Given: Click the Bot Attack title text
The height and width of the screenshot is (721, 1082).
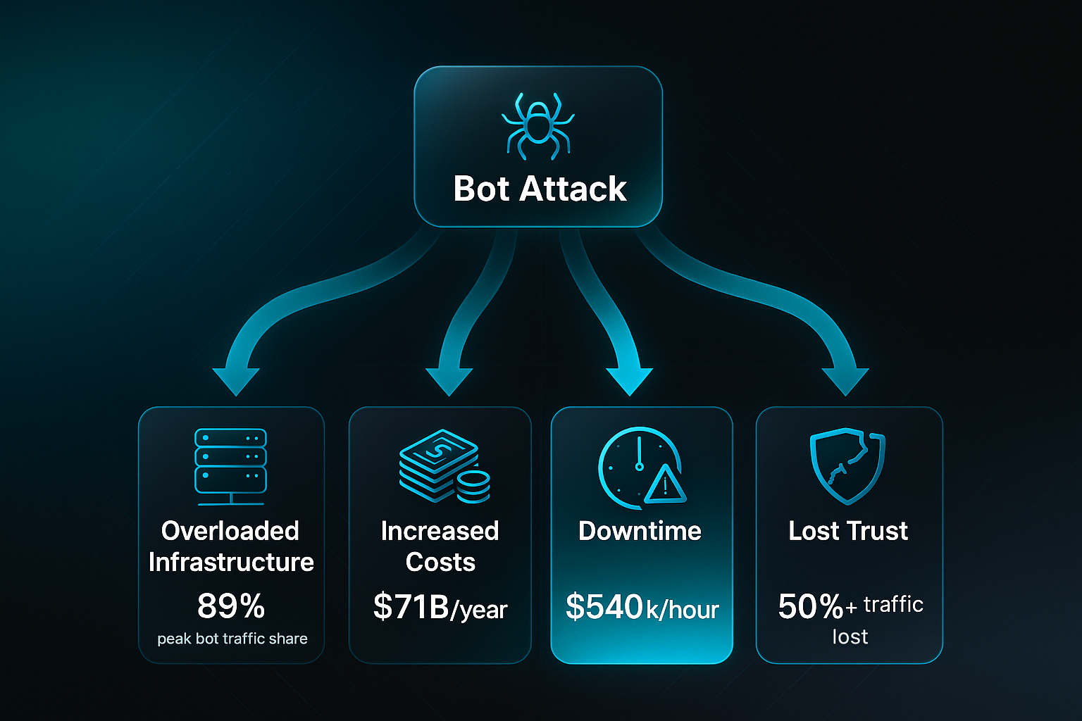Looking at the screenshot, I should tap(540, 189).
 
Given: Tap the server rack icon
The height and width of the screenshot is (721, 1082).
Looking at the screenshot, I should tap(230, 465).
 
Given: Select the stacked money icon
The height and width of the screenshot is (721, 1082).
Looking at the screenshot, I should tap(444, 465).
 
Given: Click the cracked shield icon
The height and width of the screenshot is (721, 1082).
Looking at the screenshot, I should tap(847, 466).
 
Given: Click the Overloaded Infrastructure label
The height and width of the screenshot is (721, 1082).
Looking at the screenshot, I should tap(231, 546).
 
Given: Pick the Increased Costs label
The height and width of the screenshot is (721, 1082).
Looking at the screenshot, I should tap(440, 546).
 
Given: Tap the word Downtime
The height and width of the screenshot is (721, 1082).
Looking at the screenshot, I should tap(640, 531).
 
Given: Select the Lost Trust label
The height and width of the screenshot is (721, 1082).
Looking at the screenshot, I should tap(848, 531).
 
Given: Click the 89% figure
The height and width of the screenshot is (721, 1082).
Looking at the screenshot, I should tap(231, 606).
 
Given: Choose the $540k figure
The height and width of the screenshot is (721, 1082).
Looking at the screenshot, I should tap(604, 606).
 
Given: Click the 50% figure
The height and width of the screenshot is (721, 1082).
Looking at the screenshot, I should tap(810, 606).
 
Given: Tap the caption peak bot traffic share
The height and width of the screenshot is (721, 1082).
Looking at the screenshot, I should tap(232, 639).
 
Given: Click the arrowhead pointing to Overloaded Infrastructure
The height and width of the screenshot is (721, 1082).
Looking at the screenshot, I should tap(236, 381).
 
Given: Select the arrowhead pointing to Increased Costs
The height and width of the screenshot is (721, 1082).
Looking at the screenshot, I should tap(449, 381).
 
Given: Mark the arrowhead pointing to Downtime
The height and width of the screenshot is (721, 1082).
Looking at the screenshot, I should tap(629, 381).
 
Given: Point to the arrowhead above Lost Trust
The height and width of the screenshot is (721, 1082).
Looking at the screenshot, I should tap(845, 381).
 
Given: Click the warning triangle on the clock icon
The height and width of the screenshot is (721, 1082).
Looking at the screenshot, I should tap(664, 486).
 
